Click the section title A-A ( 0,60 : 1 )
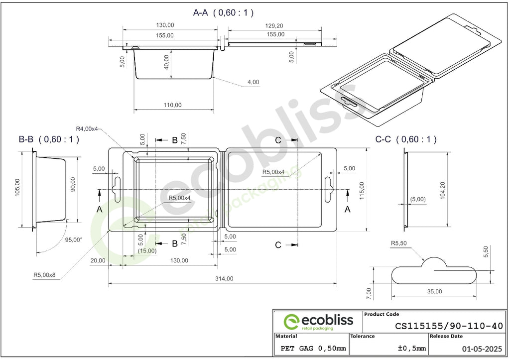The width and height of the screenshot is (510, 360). pos(223,12)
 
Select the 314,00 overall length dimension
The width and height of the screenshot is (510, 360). pos(224,279)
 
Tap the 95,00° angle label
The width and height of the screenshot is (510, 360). pos(74,240)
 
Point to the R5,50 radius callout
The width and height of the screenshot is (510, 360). pos(399,243)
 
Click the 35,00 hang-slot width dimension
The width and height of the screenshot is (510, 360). pos(434,291)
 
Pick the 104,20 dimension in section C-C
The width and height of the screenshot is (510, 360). pos(442,190)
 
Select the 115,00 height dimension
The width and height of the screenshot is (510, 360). pos(362,190)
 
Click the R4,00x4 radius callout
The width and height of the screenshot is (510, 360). pos(87,129)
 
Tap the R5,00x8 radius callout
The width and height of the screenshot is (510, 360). pos(44,275)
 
